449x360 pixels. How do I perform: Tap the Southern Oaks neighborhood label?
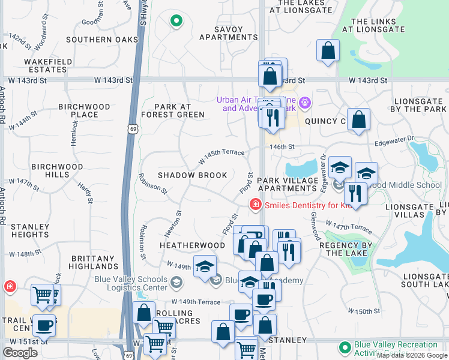point(102,40)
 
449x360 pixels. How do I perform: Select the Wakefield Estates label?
point(48,65)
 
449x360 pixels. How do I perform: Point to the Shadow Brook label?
point(192,175)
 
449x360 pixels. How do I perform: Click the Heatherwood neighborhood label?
point(191,245)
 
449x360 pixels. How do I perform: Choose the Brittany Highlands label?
point(94,262)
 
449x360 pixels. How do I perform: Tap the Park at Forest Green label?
point(173,110)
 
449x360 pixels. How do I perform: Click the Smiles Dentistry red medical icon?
point(256,205)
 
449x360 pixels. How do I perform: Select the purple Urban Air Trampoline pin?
point(305,103)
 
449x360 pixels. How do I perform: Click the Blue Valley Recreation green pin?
point(345,347)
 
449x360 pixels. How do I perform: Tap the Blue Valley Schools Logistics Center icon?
point(176,281)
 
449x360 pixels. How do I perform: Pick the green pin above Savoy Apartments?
point(176,22)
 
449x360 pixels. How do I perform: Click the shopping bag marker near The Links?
point(328,52)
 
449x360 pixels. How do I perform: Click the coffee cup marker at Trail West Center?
point(44,325)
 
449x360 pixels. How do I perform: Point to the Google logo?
point(20,353)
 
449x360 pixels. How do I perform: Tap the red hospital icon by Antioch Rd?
point(9,286)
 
